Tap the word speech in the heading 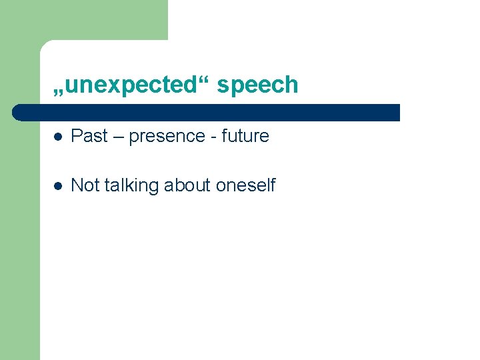pos(257,85)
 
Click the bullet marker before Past pos(58,137)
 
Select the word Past pos(89,136)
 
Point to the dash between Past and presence pos(118,137)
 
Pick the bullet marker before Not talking pos(58,186)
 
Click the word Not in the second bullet pos(83,185)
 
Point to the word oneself pos(245,185)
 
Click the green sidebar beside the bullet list pos(20,233)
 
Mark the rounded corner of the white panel pos(45,45)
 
